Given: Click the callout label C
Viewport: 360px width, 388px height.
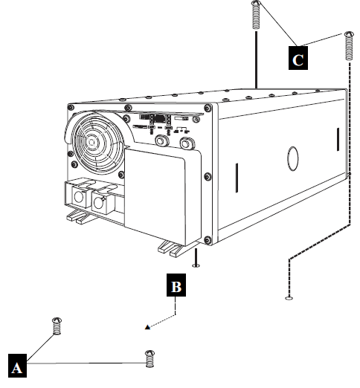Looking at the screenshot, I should pyautogui.click(x=299, y=59).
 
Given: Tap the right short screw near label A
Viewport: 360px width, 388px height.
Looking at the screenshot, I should pyautogui.click(x=149, y=358).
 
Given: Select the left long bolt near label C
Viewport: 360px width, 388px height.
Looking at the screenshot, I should pyautogui.click(x=257, y=14).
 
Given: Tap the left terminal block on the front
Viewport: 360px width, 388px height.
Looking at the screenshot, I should pyautogui.click(x=77, y=195).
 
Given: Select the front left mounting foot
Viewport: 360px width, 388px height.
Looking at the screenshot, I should pyautogui.click(x=77, y=217).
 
